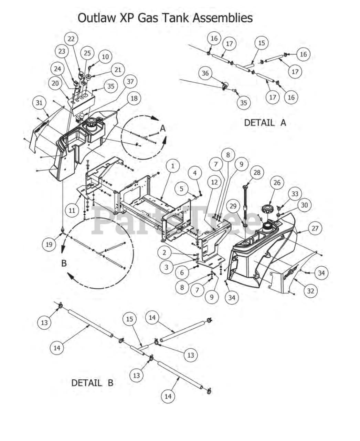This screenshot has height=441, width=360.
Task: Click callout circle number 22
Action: [71, 39]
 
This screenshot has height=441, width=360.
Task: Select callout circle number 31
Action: [39, 103]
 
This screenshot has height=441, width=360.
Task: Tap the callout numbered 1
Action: [172, 166]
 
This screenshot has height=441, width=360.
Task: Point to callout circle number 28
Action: [257, 173]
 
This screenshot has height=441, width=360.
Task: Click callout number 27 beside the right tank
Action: [315, 228]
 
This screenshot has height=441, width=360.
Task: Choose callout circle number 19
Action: [49, 244]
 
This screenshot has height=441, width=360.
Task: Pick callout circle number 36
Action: [205, 73]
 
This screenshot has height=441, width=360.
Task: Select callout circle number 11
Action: [72, 210]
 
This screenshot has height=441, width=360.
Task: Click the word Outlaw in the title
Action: [96, 18]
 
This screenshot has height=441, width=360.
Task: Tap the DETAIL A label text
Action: [265, 123]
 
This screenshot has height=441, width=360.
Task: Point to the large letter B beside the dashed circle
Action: [64, 263]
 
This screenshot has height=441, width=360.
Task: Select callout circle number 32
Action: [310, 291]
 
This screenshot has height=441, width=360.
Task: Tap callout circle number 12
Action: [214, 182]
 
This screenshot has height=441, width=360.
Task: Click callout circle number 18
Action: [134, 98]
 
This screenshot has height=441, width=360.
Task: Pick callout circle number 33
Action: [295, 194]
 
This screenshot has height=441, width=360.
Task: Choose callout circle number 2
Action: [164, 253]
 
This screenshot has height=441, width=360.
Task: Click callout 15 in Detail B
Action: [129, 319]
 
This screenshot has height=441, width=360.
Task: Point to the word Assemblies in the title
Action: [223, 18]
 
